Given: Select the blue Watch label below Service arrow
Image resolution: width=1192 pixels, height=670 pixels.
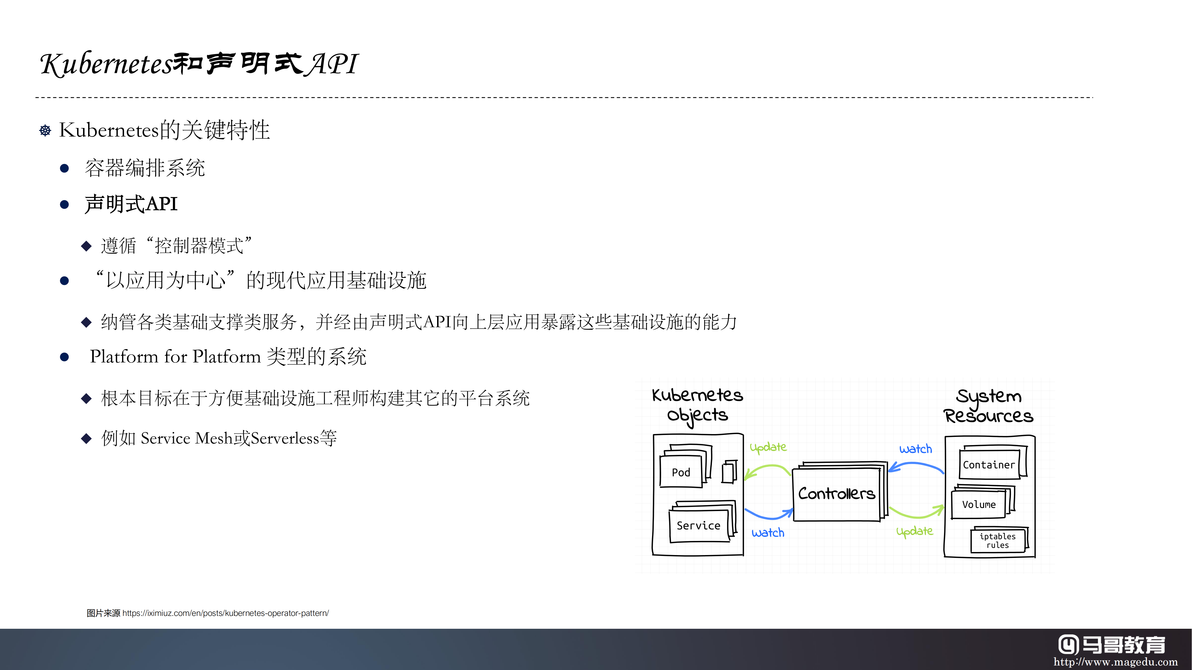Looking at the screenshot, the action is [x=768, y=533].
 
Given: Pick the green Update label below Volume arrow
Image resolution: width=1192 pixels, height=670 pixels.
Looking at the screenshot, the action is [x=914, y=531].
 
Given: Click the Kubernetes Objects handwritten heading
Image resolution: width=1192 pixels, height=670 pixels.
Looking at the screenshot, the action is [x=697, y=405].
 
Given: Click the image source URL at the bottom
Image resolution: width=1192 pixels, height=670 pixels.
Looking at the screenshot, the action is [x=225, y=613].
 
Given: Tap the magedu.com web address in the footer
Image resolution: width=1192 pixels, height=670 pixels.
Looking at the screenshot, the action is [x=1115, y=662].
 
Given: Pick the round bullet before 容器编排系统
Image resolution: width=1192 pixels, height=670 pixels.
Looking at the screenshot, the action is [x=64, y=168].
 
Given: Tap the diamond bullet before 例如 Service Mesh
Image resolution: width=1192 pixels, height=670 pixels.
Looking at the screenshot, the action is [x=86, y=438].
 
